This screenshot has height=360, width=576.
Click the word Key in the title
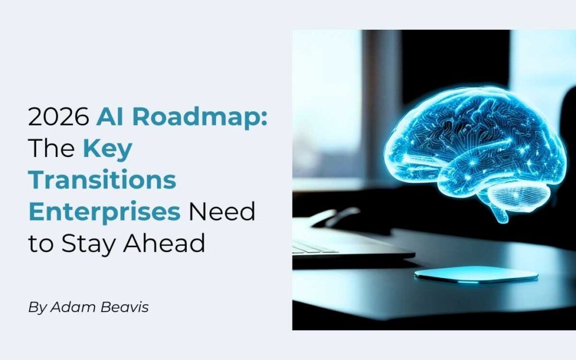(x=107, y=148)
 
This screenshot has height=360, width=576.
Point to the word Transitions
(x=102, y=180)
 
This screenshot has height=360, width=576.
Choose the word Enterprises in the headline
(x=105, y=212)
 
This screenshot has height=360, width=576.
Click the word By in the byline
(x=37, y=308)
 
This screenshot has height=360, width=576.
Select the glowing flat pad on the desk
(x=476, y=274)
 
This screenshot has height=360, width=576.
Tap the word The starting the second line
(x=51, y=148)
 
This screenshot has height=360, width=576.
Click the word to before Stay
(x=40, y=244)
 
